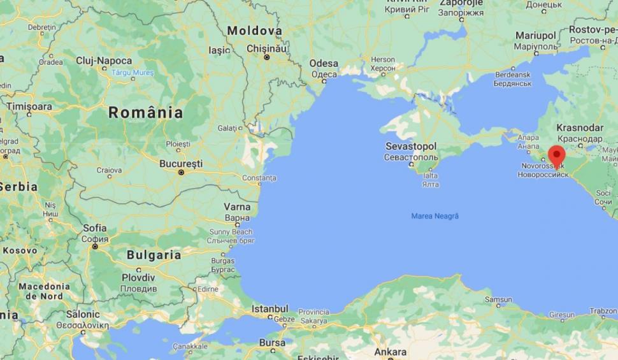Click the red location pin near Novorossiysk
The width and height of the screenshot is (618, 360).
pyautogui.click(x=557, y=155)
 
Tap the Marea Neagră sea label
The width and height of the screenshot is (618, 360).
pyautogui.click(x=435, y=216)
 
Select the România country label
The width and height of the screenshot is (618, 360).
pyautogui.click(x=145, y=113)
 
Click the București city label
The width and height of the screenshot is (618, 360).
pyautogui.click(x=181, y=163)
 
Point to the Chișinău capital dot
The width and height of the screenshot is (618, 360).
pyautogui.click(x=267, y=57)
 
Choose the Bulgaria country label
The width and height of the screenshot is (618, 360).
pyautogui.click(x=154, y=255)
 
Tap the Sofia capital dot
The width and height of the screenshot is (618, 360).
pyautogui.click(x=95, y=246)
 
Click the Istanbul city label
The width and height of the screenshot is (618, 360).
pyautogui.click(x=270, y=308)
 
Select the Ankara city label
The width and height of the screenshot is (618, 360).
pyautogui.click(x=390, y=352)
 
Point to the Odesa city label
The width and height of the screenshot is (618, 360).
pyautogui.click(x=324, y=63)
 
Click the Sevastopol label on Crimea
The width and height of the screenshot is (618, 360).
pyautogui.click(x=412, y=146)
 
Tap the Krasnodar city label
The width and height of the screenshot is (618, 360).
pyautogui.click(x=579, y=127)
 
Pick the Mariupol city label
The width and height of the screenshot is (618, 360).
pyautogui.click(x=536, y=35)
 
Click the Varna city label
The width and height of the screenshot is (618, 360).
pyautogui.click(x=236, y=207)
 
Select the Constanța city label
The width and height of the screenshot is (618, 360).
pyautogui.click(x=259, y=177)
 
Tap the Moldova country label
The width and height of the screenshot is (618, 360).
pyautogui.click(x=254, y=31)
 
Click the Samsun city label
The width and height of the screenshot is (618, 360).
pyautogui.click(x=498, y=299)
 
